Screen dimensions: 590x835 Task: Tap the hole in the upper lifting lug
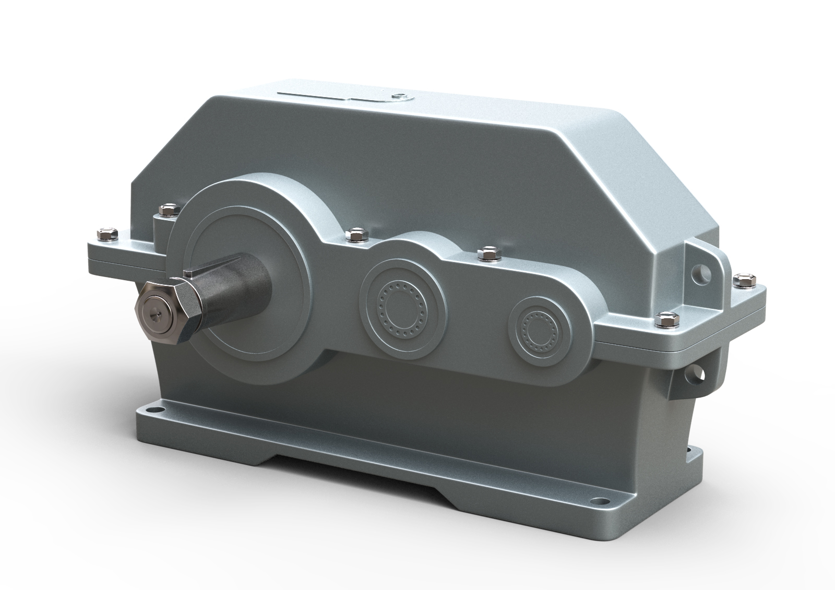tap(698, 271)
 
